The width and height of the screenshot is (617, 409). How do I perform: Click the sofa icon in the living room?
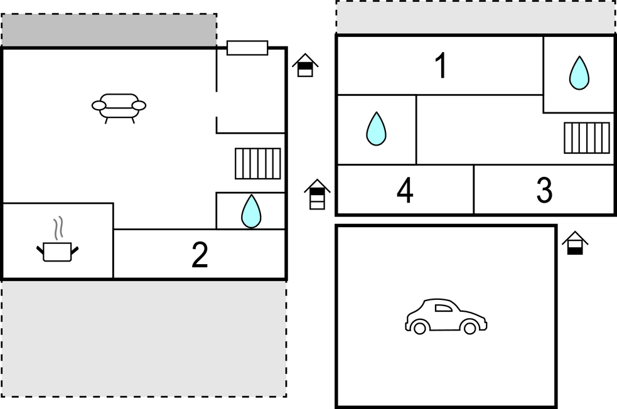pyautogui.click(x=119, y=108)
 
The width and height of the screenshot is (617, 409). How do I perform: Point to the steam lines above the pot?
pyautogui.click(x=58, y=228)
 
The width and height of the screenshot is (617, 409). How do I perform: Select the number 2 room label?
pyautogui.click(x=200, y=255)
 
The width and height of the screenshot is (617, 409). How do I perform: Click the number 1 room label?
pyautogui.click(x=442, y=66)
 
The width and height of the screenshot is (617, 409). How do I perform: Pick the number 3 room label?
pyautogui.click(x=544, y=190)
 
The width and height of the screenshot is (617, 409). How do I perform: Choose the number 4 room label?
pyautogui.click(x=405, y=190)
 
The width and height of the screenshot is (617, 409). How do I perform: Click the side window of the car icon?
pyautogui.click(x=444, y=308)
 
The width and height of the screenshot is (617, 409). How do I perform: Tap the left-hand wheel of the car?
pyautogui.click(x=420, y=327)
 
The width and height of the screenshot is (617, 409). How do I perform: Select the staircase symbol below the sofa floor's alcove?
pyautogui.click(x=258, y=164)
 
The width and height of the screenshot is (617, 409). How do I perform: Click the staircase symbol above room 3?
pyautogui.click(x=587, y=137)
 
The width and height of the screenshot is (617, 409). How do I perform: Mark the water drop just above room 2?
pyautogui.click(x=251, y=211)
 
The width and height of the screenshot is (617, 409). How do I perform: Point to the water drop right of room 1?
pyautogui.click(x=579, y=73)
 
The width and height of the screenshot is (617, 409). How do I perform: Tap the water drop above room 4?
pyautogui.click(x=376, y=129)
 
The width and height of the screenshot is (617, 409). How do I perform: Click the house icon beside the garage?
pyautogui.click(x=575, y=243)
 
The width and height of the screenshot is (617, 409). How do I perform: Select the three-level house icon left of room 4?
pyautogui.click(x=317, y=194)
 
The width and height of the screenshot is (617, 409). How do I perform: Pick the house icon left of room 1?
pyautogui.click(x=305, y=65)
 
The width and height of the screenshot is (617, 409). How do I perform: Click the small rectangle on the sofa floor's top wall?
pyautogui.click(x=247, y=48)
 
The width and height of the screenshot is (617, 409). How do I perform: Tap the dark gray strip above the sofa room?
pyautogui.click(x=109, y=30)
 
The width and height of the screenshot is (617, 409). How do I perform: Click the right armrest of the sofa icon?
pyautogui.click(x=139, y=105)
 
